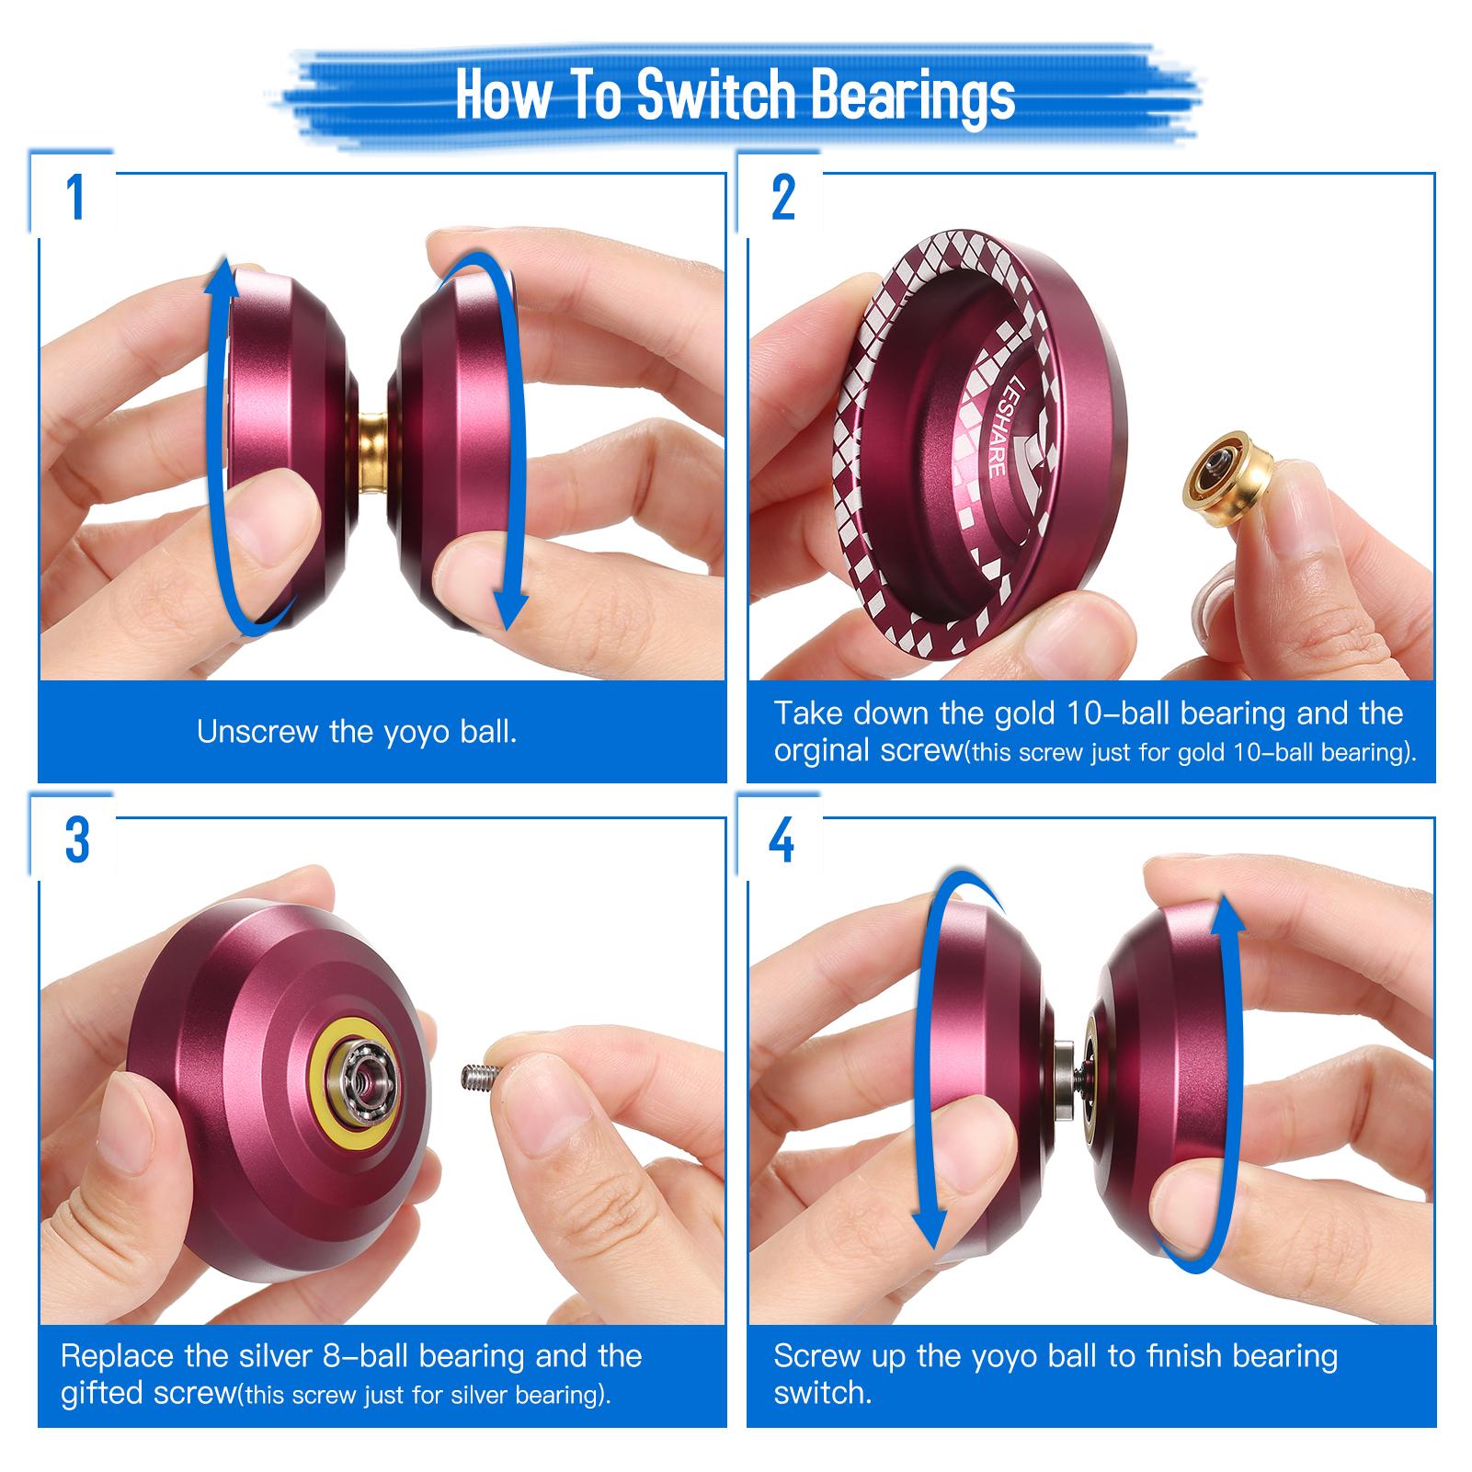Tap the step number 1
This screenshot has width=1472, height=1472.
pyautogui.click(x=76, y=198)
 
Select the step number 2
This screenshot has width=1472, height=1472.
pyautogui.click(x=782, y=198)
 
